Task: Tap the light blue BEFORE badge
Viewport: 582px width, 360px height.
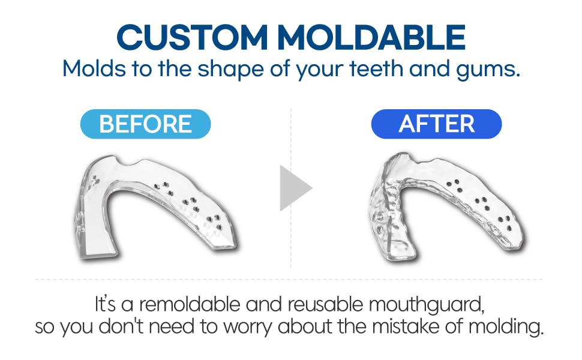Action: pyautogui.click(x=145, y=124)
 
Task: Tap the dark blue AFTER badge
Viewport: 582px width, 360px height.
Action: pyautogui.click(x=436, y=124)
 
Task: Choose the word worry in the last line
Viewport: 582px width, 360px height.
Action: pyautogui.click(x=253, y=328)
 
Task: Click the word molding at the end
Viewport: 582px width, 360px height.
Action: pyautogui.click(x=508, y=329)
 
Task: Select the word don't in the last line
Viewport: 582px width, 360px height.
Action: pyautogui.click(x=127, y=328)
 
